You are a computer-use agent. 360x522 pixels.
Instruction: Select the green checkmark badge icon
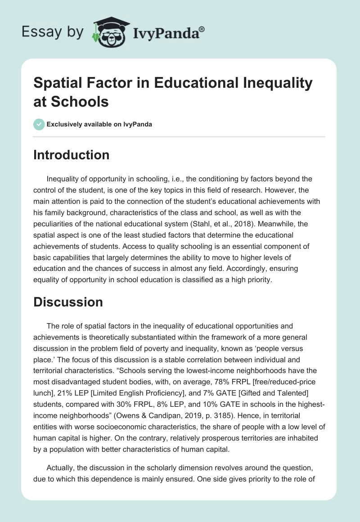click(x=39, y=124)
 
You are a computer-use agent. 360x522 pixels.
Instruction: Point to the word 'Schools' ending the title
click(x=71, y=101)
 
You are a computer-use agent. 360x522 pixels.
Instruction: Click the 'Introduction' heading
click(x=72, y=155)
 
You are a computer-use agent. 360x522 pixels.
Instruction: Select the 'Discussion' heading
click(x=68, y=302)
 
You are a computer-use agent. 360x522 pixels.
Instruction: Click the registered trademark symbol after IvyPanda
click(x=202, y=28)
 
